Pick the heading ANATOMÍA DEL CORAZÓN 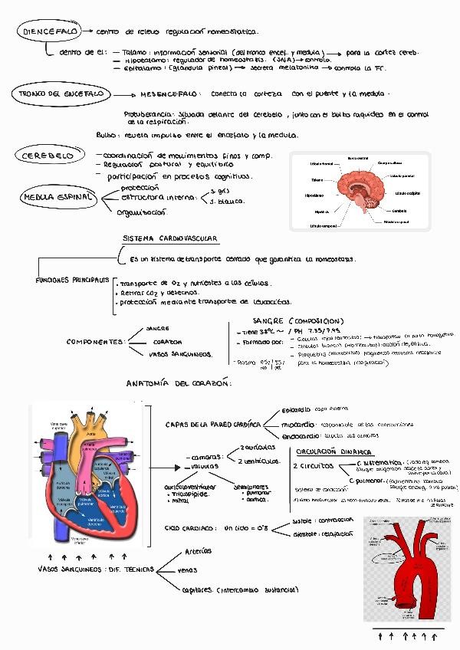pyautogui.click(x=179, y=382)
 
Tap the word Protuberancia pyautogui.click(x=150, y=113)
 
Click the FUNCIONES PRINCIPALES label pyautogui.click(x=73, y=280)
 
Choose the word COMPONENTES pyautogui.click(x=95, y=342)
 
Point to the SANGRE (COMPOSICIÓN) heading pyautogui.click(x=297, y=320)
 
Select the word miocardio pyautogui.click(x=295, y=424)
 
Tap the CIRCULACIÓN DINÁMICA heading pyautogui.click(x=333, y=451)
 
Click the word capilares pyautogui.click(x=197, y=589)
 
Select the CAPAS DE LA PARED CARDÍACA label pyautogui.click(x=214, y=424)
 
